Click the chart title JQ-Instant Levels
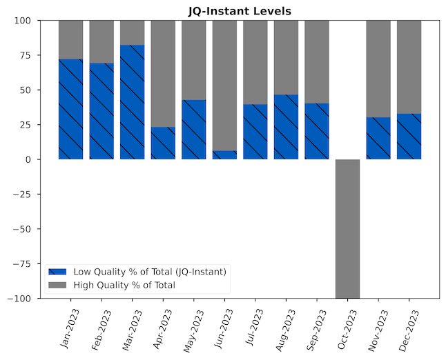click(240, 11)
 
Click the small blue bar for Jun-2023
click(224, 155)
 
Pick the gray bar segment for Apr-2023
click(163, 73)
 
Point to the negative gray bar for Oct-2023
click(347, 228)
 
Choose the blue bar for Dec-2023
click(409, 137)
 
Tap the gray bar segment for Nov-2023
click(378, 68)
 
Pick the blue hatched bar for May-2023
click(193, 130)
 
